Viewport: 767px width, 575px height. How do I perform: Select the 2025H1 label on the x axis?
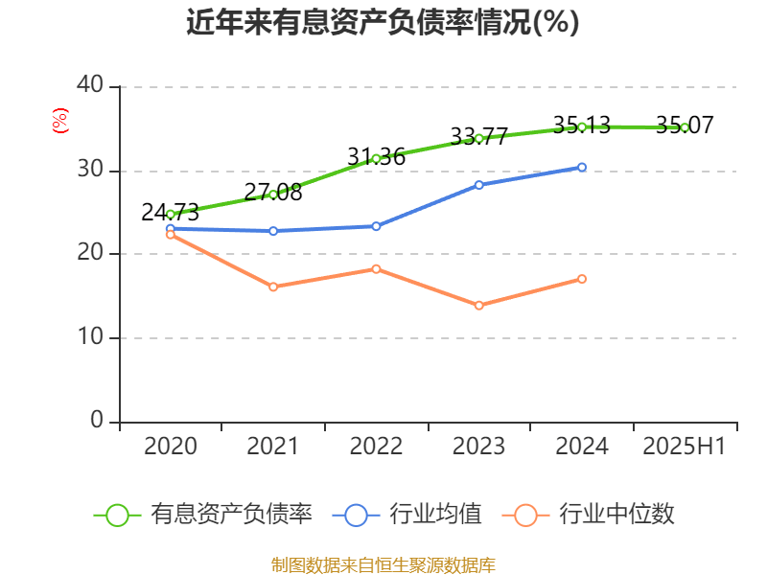tap(685, 447)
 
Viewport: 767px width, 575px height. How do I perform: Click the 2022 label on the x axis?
tap(376, 447)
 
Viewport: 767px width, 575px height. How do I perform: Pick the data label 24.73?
tap(170, 213)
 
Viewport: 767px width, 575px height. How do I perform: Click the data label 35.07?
tap(685, 125)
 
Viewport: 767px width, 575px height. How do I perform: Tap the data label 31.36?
tap(376, 157)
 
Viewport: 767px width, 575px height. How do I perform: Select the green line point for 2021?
tap(273, 195)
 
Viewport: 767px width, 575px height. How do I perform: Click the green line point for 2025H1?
tap(685, 127)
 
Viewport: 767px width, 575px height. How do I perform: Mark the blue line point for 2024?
tap(582, 167)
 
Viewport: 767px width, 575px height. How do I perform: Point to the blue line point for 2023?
tap(479, 184)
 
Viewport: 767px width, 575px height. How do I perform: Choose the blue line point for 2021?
tap(273, 231)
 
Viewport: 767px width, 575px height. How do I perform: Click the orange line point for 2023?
tap(479, 306)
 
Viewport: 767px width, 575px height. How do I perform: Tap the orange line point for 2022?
tap(376, 268)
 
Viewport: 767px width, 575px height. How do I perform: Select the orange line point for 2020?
tap(171, 234)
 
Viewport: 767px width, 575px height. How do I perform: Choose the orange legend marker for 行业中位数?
tap(525, 515)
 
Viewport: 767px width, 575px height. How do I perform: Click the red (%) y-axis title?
tap(59, 121)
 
